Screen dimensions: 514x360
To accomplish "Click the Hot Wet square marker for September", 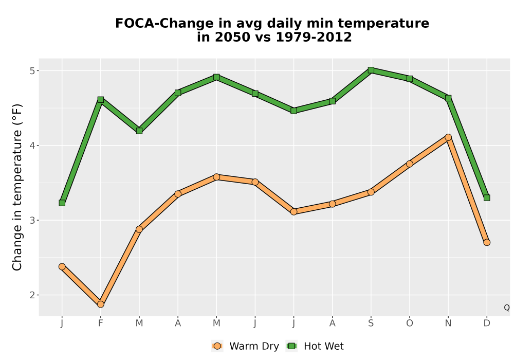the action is point(371,70).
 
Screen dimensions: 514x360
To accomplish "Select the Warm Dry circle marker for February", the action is point(101,304).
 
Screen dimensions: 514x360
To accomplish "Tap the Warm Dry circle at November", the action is point(448,137).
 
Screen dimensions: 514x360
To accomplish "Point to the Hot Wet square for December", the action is point(487,197).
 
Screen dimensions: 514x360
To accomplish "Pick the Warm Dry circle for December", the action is point(487,242).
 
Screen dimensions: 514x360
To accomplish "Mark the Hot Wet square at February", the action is point(101,99).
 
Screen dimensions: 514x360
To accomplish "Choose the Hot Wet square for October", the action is point(410,79).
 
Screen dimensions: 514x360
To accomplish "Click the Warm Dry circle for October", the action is point(410,164).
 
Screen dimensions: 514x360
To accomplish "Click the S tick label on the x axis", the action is point(371,323).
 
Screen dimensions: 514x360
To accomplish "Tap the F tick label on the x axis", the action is point(101,323).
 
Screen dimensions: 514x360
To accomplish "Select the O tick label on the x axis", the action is point(410,323).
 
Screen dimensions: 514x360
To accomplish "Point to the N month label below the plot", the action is point(448,323).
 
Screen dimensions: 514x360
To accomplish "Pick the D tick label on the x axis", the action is point(487,323).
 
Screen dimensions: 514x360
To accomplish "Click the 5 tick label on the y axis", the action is point(32,71).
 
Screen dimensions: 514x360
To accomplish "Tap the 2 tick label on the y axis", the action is point(32,295).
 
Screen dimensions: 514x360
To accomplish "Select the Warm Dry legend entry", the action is point(246,346).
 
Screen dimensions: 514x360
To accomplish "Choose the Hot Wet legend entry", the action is point(315,346).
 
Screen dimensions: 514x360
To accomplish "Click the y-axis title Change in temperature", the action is point(17,187).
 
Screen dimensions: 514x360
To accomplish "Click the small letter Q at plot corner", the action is point(507,308).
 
